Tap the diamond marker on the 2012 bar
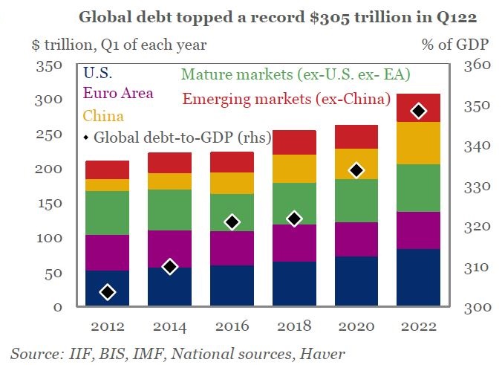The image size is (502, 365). coord(108,292)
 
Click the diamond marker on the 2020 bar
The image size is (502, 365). coord(356,170)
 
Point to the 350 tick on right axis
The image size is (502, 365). coord(477,106)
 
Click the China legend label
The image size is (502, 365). coord(103,116)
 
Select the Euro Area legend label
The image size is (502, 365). coord(119,94)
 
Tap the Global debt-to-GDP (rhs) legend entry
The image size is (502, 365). coord(177,137)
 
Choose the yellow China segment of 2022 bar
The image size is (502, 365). coord(418,143)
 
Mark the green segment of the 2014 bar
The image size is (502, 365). coord(169,210)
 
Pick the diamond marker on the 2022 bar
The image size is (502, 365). coord(419,112)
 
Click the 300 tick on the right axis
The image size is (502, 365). coord(477,307)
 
